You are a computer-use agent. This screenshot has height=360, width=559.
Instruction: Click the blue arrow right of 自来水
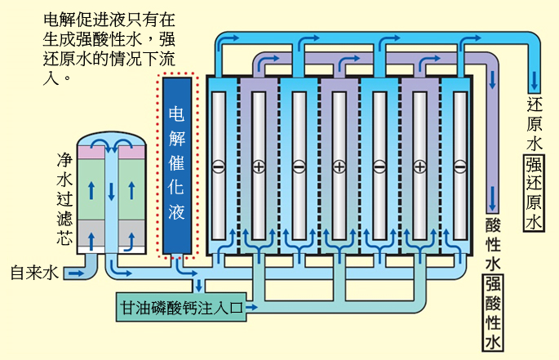73,272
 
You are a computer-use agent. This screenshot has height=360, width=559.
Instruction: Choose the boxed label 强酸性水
493,313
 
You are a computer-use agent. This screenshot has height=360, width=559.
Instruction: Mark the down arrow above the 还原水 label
535,80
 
